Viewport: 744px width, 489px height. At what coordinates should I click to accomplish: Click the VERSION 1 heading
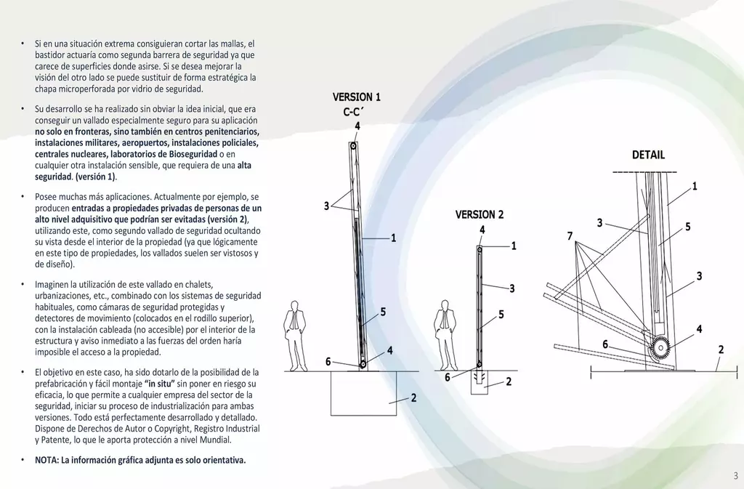pos(356,97)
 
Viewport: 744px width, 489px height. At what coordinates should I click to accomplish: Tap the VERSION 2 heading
pos(480,214)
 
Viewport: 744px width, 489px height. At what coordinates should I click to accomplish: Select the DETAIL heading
pos(648,155)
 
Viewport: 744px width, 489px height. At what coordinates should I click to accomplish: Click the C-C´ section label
pos(353,112)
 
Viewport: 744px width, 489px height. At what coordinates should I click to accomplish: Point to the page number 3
pos(736,475)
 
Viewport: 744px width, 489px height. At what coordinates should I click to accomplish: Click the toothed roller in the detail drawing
pos(660,348)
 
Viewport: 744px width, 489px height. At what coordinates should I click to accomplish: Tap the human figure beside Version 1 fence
pos(296,336)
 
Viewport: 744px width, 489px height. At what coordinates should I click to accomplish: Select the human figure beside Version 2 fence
pos(445,336)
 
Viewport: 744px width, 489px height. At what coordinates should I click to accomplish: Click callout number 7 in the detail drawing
pos(570,235)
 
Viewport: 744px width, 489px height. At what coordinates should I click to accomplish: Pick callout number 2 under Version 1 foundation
pos(413,398)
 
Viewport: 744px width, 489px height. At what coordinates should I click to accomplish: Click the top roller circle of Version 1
pos(353,146)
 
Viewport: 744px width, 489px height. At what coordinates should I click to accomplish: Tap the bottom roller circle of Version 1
pos(363,364)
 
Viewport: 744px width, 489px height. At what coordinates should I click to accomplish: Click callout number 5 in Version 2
pos(501,315)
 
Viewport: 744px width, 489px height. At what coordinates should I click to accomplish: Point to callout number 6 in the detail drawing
pos(605,344)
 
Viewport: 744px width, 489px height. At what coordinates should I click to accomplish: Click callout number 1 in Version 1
pos(393,238)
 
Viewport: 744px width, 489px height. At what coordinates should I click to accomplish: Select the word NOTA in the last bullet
pos(46,460)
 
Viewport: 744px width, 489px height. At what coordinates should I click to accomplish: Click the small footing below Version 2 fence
pos(480,382)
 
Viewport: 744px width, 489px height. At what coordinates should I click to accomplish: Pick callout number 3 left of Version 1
pos(326,206)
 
